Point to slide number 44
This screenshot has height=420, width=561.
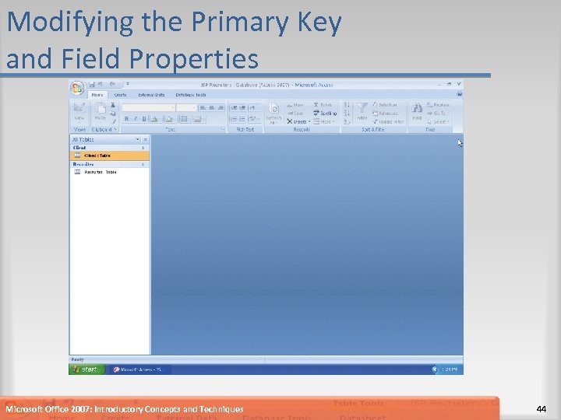click(542, 409)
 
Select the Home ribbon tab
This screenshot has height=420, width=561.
click(97, 95)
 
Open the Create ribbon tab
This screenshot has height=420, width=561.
click(121, 95)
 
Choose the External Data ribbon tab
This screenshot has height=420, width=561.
click(150, 95)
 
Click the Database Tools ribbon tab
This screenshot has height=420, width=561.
click(190, 95)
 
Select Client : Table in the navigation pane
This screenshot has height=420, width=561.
click(97, 156)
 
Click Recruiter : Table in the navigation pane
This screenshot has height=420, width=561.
click(100, 172)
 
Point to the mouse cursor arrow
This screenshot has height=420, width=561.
click(460, 142)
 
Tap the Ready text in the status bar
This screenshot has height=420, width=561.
click(77, 359)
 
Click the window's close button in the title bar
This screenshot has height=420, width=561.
click(459, 84)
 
